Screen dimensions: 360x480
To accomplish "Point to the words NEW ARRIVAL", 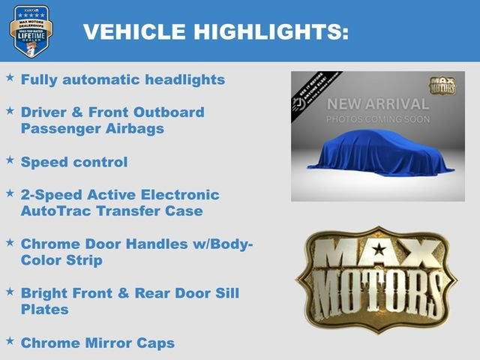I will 378,104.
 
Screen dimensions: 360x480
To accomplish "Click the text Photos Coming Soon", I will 378,119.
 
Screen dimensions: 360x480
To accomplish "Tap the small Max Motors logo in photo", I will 443,85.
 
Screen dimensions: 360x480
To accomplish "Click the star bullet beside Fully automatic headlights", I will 10,77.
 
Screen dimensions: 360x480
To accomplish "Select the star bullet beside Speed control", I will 10,160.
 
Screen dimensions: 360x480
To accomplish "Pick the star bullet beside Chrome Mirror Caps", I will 10,341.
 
